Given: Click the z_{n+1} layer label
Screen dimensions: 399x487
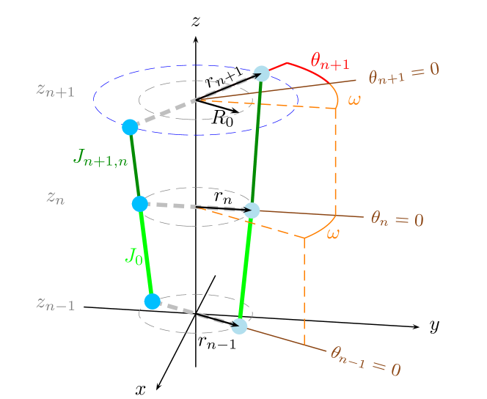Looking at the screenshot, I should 55,90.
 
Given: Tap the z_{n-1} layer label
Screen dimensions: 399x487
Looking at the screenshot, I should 55,303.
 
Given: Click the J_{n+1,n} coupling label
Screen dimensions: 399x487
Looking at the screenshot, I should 101,157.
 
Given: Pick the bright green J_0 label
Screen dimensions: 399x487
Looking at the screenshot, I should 133,255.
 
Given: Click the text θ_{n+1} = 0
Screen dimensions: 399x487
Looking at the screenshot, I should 403,71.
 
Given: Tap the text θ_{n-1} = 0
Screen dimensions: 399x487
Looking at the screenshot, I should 365,360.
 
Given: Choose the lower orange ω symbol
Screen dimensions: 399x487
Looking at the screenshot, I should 333,233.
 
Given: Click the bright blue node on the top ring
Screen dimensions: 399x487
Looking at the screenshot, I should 131,127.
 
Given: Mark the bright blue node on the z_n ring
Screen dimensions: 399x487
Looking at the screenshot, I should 140,204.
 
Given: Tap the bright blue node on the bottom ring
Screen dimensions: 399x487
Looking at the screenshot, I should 152,301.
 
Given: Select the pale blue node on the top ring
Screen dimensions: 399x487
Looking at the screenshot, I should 262,73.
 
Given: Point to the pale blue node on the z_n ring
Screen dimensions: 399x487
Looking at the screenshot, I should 252,211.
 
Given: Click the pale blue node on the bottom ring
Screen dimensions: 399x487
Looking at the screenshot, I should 239,326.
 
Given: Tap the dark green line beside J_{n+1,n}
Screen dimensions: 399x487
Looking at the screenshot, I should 135,165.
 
